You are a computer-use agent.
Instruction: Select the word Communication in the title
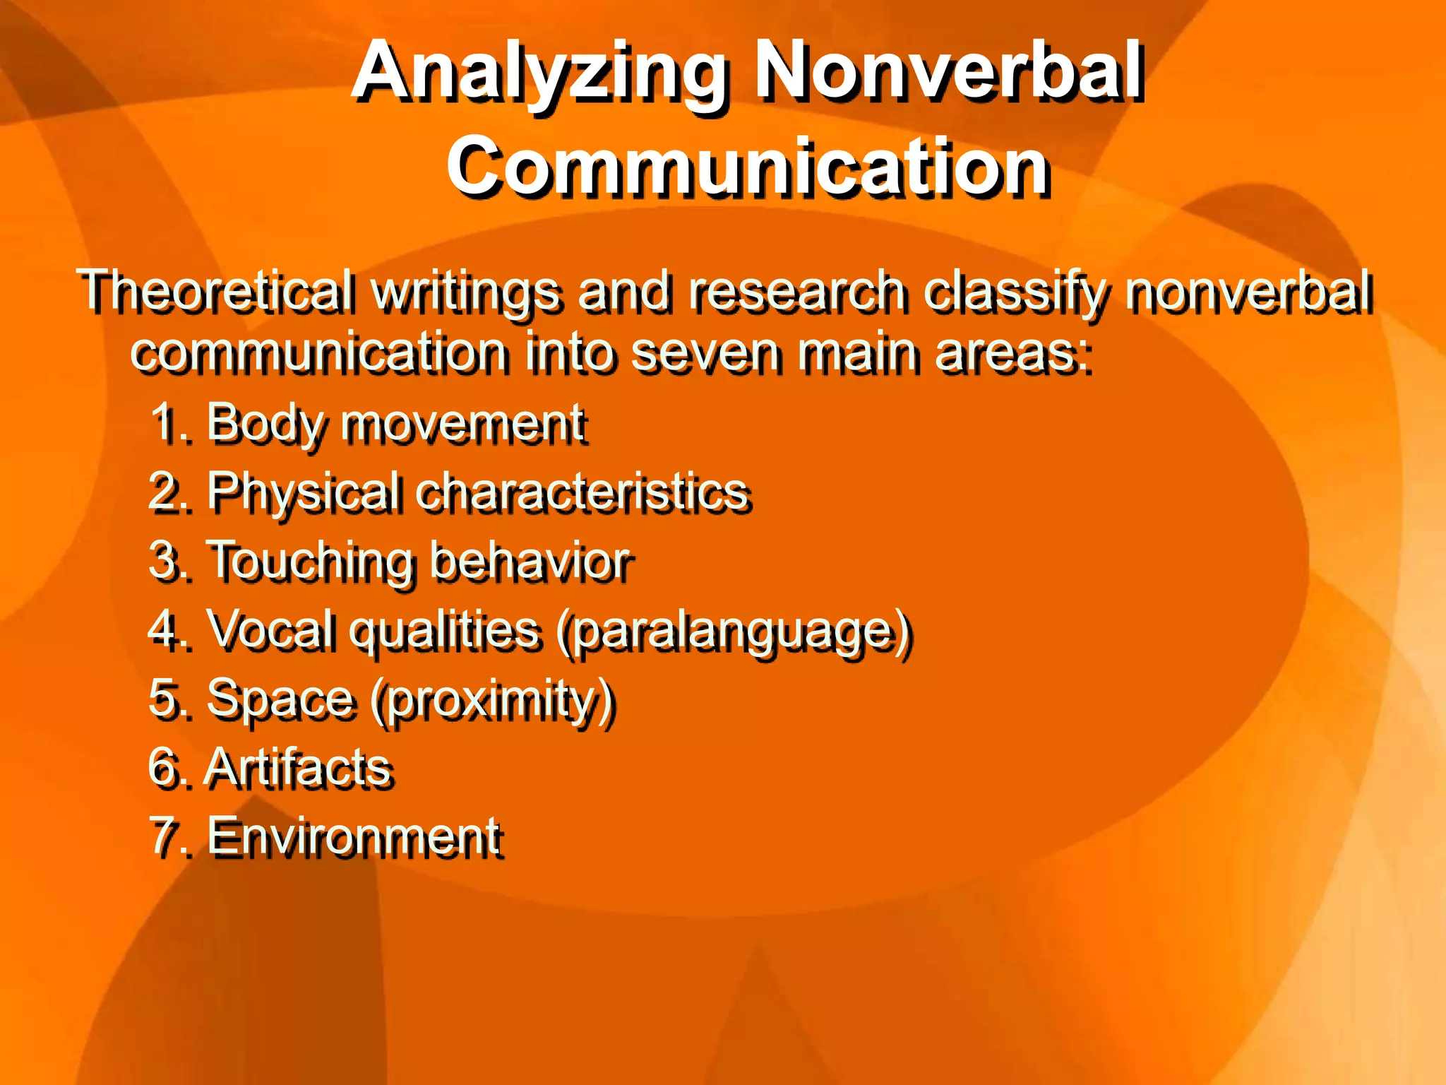[748, 167]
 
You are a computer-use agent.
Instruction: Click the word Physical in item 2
[304, 492]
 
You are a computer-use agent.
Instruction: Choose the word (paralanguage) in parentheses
[734, 631]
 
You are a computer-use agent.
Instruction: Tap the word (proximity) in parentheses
[494, 700]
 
